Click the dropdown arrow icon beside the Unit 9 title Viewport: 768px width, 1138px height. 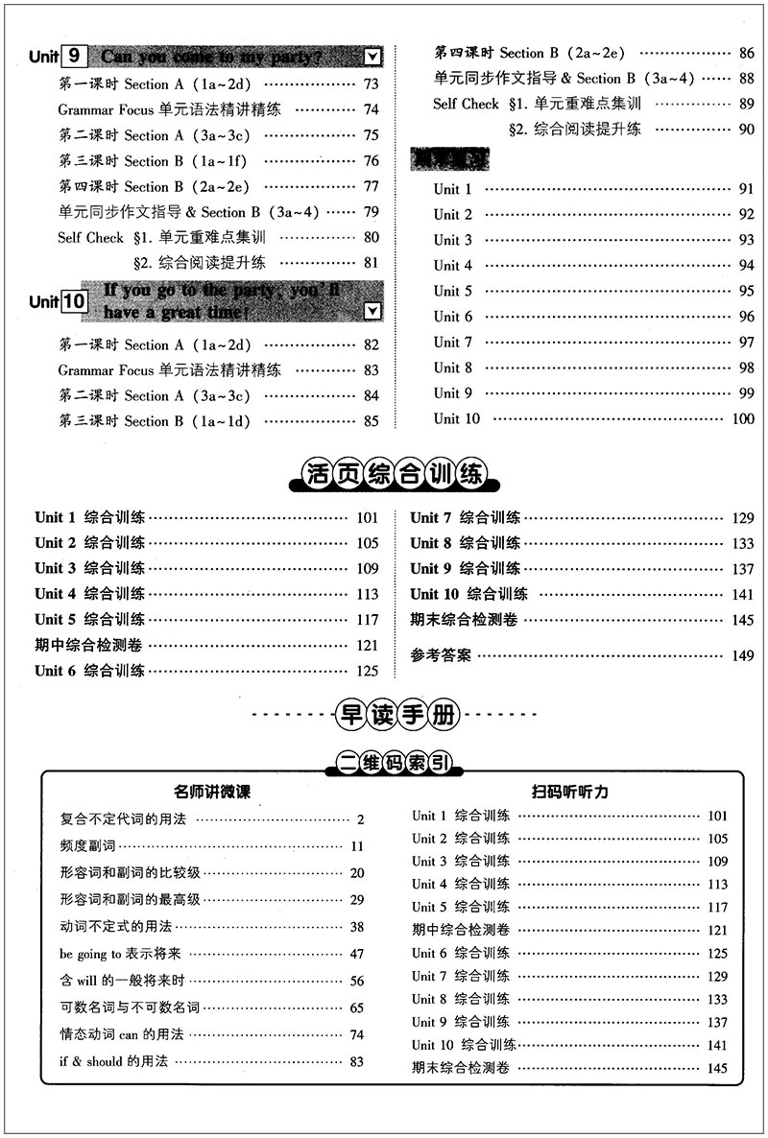[373, 57]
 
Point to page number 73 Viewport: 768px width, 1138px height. [372, 84]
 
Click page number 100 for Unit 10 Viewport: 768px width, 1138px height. [743, 418]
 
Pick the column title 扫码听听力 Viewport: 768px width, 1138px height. [570, 792]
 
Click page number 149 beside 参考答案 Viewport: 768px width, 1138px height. [743, 656]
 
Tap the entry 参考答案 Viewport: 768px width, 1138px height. [441, 656]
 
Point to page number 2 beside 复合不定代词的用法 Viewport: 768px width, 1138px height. [361, 819]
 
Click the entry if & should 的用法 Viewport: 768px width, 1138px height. [112, 1061]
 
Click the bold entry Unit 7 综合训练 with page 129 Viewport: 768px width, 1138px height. [466, 517]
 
